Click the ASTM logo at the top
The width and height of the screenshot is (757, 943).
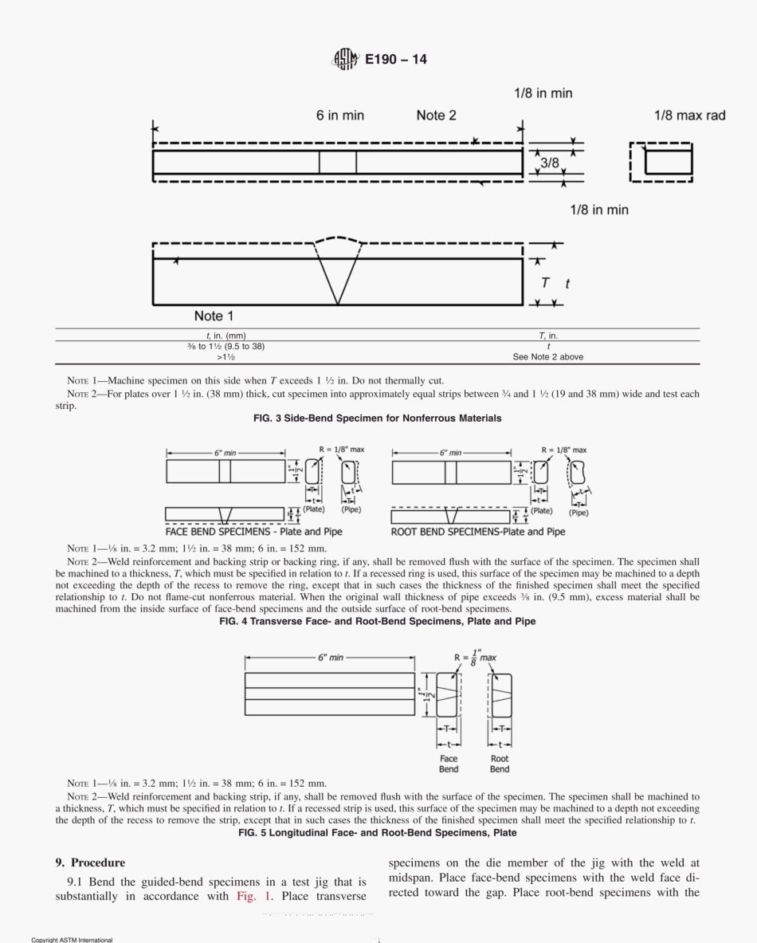(x=345, y=59)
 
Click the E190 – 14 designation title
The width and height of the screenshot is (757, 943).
(x=396, y=59)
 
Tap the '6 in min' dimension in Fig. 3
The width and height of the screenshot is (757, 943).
(x=340, y=116)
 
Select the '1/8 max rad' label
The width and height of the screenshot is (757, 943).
(x=689, y=116)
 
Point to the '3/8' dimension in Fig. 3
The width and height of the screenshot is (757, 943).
(x=550, y=163)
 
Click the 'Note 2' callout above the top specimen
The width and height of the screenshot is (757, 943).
(x=436, y=116)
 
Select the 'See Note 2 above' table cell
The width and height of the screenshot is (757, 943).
(x=547, y=357)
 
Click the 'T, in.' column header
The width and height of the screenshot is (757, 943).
(x=547, y=336)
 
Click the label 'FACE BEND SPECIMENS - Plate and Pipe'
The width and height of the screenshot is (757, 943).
(x=254, y=532)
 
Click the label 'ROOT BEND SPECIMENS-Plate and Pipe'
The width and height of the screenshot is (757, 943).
(x=478, y=532)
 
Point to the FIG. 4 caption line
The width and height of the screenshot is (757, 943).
(x=378, y=621)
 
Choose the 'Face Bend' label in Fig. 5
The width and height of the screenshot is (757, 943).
(x=449, y=764)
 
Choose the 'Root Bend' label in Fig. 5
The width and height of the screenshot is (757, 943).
(x=500, y=764)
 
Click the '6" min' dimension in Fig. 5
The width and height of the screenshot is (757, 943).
(x=330, y=657)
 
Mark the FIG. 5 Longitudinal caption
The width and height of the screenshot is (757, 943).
(x=378, y=832)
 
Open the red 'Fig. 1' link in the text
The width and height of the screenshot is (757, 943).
(x=252, y=896)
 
